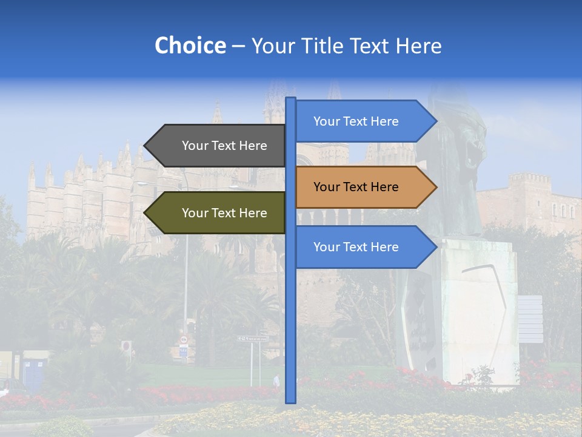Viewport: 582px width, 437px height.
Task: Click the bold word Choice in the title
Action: (190, 46)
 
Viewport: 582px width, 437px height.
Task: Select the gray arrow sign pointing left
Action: (218, 146)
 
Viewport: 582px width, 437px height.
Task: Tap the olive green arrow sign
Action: (218, 213)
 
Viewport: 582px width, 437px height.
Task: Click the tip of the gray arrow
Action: (145, 146)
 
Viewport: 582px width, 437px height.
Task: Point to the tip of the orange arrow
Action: (435, 187)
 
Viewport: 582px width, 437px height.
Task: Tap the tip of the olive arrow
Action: (145, 213)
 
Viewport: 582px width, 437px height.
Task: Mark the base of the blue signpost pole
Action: (290, 401)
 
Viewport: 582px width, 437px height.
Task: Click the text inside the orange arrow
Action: (356, 187)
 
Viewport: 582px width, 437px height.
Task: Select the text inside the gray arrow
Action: (224, 146)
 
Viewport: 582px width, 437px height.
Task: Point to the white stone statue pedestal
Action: (479, 310)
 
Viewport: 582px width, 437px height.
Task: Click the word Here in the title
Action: (419, 46)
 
